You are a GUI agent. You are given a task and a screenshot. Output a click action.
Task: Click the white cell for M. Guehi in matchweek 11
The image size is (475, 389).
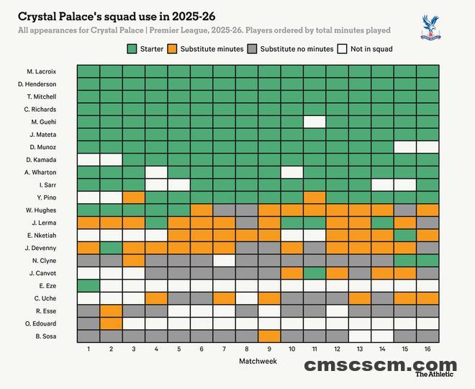pyautogui.click(x=315, y=122)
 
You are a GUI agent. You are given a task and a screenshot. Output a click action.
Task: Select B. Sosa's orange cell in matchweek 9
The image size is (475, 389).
pyautogui.click(x=269, y=336)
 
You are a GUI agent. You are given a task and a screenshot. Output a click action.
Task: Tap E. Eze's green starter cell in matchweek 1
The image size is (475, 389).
pyautogui.click(x=88, y=285)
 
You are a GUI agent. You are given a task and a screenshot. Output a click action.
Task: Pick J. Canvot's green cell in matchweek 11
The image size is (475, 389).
pyautogui.click(x=315, y=273)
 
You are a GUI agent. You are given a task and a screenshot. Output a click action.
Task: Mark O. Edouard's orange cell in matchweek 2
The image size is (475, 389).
pyautogui.click(x=111, y=323)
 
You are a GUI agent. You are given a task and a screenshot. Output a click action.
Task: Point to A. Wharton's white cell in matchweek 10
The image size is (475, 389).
pyautogui.click(x=291, y=172)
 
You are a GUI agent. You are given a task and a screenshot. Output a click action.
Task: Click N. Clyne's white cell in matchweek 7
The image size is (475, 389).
pyautogui.click(x=224, y=260)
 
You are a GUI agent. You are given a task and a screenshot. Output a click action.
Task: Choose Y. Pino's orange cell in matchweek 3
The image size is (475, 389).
pyautogui.click(x=133, y=197)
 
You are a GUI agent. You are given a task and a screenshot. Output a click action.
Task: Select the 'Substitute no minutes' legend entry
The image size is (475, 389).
pyautogui.click(x=290, y=49)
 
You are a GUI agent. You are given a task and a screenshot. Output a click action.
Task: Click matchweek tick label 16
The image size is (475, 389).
pyautogui.click(x=427, y=349)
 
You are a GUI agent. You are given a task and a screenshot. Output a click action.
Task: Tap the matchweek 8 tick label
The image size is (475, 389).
pyautogui.click(x=246, y=349)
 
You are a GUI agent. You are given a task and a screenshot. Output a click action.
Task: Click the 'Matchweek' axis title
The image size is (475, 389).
pyautogui.click(x=258, y=361)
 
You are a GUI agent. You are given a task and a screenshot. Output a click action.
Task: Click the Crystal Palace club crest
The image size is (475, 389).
pyautogui.click(x=430, y=26)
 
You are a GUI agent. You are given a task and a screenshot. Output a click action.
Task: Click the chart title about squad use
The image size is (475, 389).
pyautogui.click(x=116, y=16)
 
